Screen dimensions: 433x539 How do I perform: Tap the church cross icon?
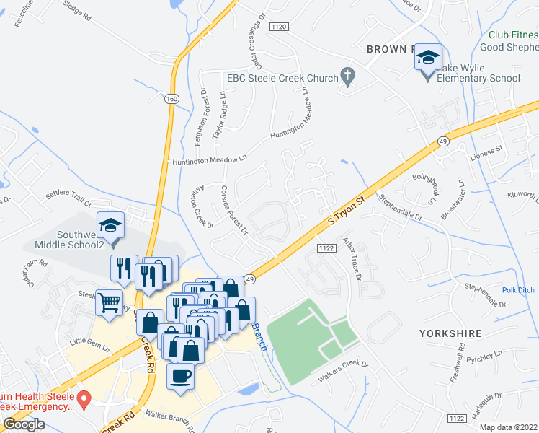pyautogui.click(x=347, y=75)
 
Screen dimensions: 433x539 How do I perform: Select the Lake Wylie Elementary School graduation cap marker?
pyautogui.click(x=428, y=57)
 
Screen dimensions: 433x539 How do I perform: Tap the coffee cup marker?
pyautogui.click(x=179, y=376)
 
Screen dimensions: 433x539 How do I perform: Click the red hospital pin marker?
pyautogui.click(x=84, y=398)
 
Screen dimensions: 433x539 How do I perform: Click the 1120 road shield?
pyautogui.click(x=279, y=26)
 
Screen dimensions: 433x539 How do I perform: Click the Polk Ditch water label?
pyautogui.click(x=518, y=290)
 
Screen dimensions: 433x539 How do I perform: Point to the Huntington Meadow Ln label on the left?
pyautogui.click(x=209, y=159)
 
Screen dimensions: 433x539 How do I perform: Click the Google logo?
pyautogui.click(x=23, y=424)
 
